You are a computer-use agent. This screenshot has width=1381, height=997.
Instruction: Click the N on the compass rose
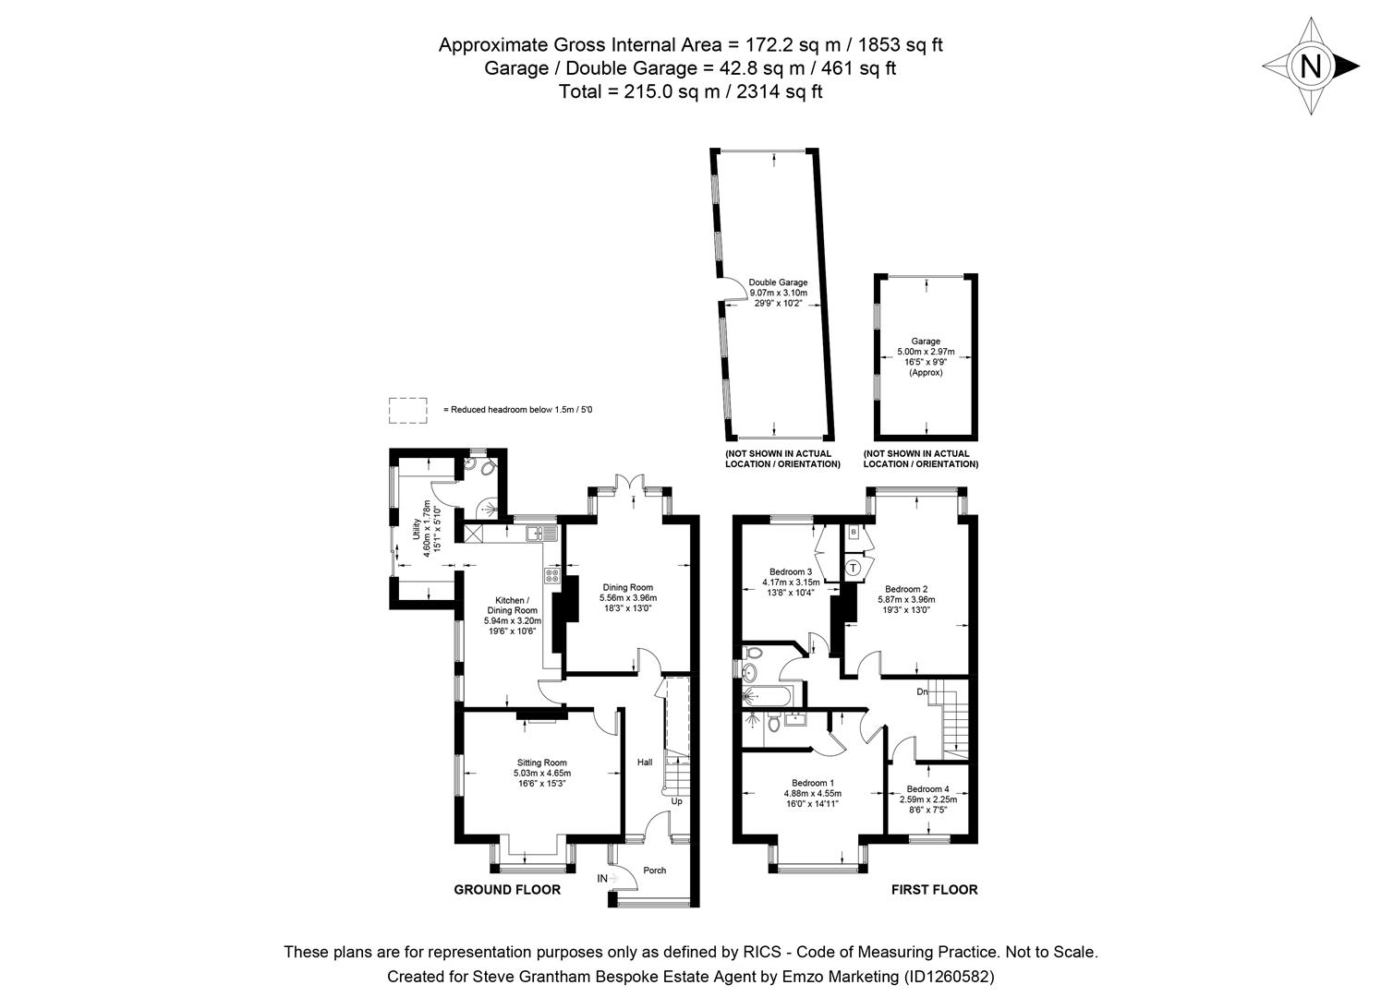click(1310, 66)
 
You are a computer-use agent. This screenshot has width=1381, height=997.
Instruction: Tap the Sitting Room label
click(540, 763)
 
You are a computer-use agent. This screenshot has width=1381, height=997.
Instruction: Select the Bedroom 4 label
click(927, 788)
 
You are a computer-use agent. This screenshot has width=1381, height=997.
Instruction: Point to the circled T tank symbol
click(854, 567)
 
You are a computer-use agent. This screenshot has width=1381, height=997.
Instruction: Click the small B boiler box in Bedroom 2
click(854, 533)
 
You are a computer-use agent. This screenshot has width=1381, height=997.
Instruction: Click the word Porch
click(654, 871)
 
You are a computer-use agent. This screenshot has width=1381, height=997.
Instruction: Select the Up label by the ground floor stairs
click(676, 801)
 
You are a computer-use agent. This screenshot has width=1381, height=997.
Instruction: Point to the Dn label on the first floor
click(922, 691)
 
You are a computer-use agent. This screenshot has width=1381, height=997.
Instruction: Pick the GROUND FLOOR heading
click(507, 890)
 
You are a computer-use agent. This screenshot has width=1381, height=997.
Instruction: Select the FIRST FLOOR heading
click(934, 890)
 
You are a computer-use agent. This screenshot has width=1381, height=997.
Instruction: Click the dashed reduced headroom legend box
click(407, 410)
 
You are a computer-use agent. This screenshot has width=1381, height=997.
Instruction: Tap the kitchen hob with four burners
click(552, 575)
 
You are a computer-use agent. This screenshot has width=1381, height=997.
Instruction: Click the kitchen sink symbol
click(537, 533)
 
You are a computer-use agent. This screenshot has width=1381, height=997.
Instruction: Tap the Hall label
click(644, 763)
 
